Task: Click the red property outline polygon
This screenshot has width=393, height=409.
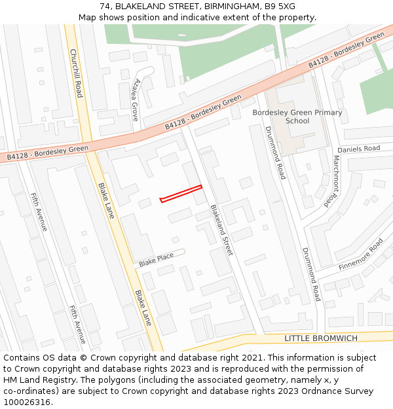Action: tap(181, 194)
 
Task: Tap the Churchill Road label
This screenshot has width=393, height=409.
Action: tap(75, 73)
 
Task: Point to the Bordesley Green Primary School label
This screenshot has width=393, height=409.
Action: tap(297, 116)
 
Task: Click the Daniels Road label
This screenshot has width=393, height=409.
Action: tap(362, 149)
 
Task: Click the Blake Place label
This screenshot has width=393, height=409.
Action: tap(156, 260)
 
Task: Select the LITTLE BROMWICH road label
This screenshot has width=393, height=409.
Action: tap(321, 338)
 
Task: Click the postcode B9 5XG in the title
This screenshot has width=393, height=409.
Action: tap(280, 7)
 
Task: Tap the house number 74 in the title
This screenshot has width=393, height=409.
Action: tap(105, 7)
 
